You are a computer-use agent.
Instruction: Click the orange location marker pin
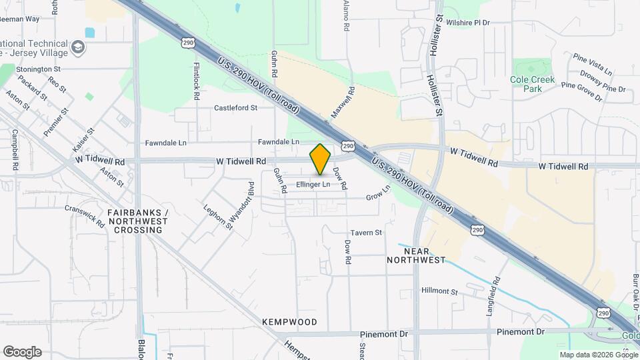point(321,159)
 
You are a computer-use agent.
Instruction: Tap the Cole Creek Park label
point(532,83)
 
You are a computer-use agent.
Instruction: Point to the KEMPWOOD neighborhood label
point(289,322)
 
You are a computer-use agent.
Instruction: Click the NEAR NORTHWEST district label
point(416,255)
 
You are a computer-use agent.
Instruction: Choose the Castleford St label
point(236,107)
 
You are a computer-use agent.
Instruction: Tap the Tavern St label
point(366,233)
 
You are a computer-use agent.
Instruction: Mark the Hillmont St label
point(441,291)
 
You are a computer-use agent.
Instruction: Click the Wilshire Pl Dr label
point(468,23)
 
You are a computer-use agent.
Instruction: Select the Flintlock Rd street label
point(197,81)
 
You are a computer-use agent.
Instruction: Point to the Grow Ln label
point(377,196)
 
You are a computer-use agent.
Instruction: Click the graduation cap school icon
point(79,48)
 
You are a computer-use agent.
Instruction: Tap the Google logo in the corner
point(22,351)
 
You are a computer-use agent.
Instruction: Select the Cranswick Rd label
point(85,215)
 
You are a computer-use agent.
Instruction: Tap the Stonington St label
point(39,69)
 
